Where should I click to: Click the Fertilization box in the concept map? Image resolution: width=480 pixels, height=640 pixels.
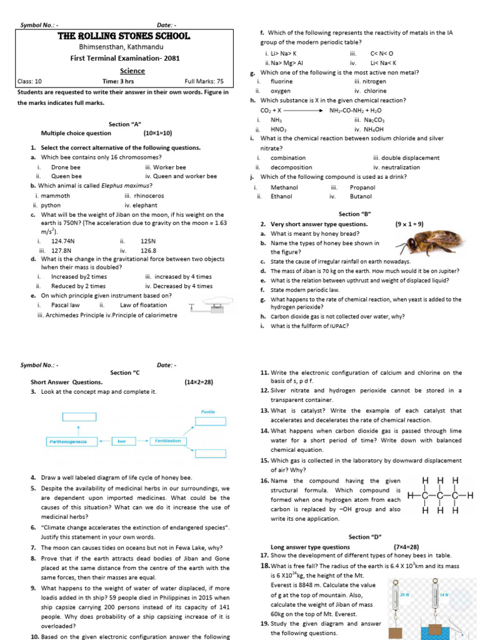167,441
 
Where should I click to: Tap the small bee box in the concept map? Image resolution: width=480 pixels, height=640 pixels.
121,441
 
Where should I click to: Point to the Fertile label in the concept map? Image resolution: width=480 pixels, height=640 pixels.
207,411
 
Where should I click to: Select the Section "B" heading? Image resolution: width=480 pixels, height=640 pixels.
354,214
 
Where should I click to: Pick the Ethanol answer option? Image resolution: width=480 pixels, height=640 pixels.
281,196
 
